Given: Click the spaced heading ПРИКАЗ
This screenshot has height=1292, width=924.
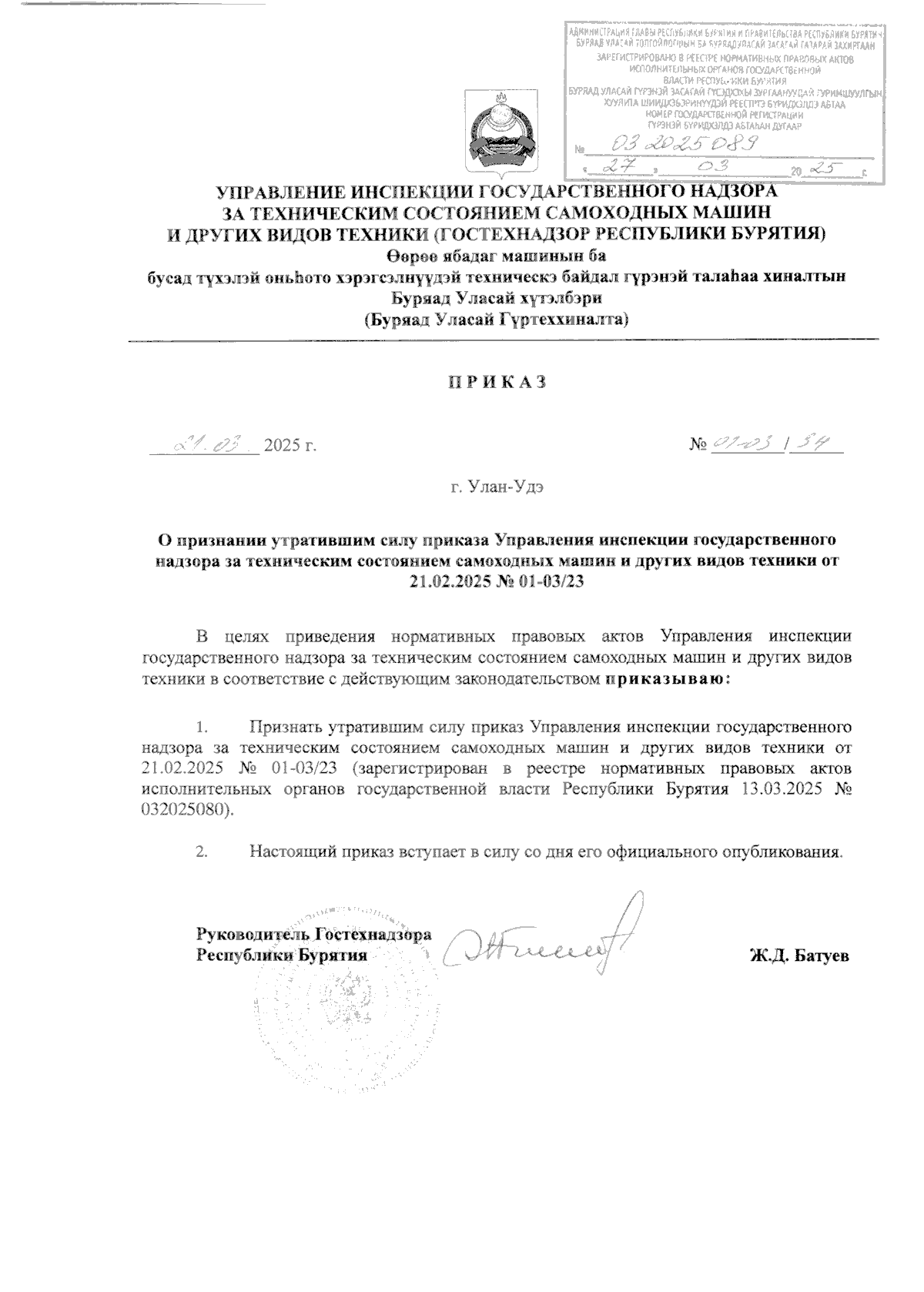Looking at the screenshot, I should click(x=498, y=383).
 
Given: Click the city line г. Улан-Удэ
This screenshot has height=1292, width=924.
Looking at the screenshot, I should click(x=498, y=487).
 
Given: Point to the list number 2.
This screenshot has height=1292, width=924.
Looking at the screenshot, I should click(x=203, y=852).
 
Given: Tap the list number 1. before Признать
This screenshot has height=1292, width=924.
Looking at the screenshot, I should click(x=203, y=727).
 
